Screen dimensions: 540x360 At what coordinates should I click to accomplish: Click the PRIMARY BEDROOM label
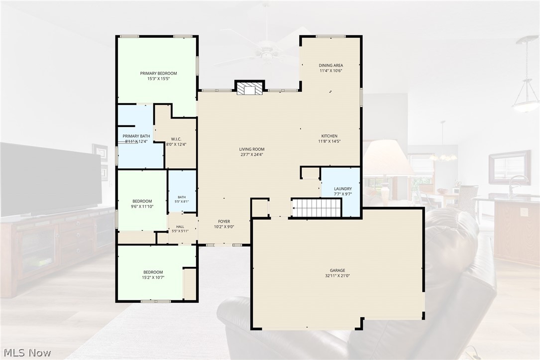click(x=158, y=73)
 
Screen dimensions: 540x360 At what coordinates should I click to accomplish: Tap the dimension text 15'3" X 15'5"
click(x=158, y=79)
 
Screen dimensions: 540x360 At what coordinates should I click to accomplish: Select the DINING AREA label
click(x=330, y=65)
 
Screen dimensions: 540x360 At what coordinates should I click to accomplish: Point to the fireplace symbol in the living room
click(x=250, y=88)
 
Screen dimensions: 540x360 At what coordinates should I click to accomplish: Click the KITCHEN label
click(x=329, y=136)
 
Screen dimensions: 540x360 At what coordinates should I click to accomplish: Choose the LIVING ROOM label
click(x=252, y=149)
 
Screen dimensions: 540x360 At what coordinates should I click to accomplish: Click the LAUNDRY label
click(x=343, y=189)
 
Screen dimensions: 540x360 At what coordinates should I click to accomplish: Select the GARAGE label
click(x=337, y=270)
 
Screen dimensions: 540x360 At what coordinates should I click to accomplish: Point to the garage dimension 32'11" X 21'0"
click(x=337, y=276)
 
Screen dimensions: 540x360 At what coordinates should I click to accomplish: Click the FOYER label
click(x=224, y=222)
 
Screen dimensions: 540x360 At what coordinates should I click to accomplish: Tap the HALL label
click(x=180, y=227)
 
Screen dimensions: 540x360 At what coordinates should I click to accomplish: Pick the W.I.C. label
click(x=176, y=139)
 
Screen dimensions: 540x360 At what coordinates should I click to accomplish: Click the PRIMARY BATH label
click(x=136, y=136)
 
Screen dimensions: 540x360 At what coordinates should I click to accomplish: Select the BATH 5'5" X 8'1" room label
click(x=182, y=199)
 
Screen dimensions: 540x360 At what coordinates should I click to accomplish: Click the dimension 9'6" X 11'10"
click(x=142, y=207)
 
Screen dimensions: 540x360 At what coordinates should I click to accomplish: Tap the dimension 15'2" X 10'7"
click(x=153, y=277)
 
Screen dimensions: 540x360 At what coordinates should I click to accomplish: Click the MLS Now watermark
click(x=27, y=353)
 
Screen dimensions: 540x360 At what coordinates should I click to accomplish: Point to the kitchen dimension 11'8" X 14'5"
click(x=329, y=141)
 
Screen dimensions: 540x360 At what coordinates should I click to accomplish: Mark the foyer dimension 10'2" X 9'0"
click(x=224, y=227)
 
